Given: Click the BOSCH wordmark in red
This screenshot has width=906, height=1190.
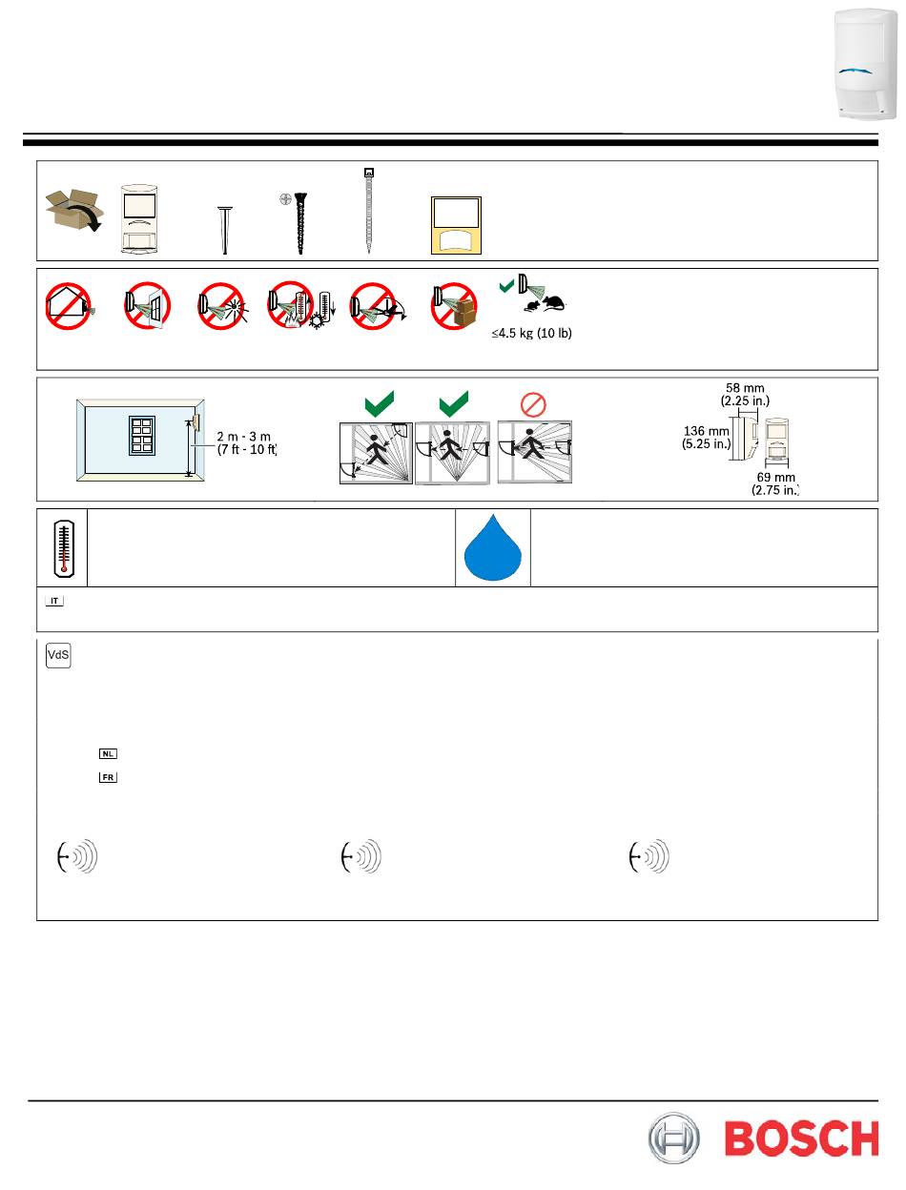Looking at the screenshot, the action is pyautogui.click(x=801, y=1139).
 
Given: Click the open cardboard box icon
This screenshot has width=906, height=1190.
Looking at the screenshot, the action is pyautogui.click(x=73, y=210).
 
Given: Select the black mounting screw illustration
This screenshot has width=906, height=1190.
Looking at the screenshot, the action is pyautogui.click(x=299, y=222).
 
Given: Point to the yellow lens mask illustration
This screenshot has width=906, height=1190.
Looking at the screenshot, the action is pyautogui.click(x=456, y=225).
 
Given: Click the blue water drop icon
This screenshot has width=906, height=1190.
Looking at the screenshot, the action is pyautogui.click(x=493, y=547).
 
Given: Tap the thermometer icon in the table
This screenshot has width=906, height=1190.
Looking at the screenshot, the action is pyautogui.click(x=64, y=548).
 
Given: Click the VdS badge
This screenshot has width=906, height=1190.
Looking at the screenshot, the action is pyautogui.click(x=58, y=655).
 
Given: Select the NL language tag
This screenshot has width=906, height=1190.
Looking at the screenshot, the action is pyautogui.click(x=108, y=753).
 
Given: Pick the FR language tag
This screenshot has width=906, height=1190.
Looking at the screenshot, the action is pyautogui.click(x=108, y=777).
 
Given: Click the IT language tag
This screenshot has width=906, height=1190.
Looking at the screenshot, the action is pyautogui.click(x=54, y=601).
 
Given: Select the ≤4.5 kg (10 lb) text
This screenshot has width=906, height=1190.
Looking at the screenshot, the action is pyautogui.click(x=532, y=333).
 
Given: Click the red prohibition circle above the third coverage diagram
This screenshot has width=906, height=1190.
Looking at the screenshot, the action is pyautogui.click(x=533, y=404).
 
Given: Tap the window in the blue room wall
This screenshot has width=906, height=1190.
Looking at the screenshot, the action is pyautogui.click(x=142, y=436).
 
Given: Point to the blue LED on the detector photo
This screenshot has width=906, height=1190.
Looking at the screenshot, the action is pyautogui.click(x=856, y=71).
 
